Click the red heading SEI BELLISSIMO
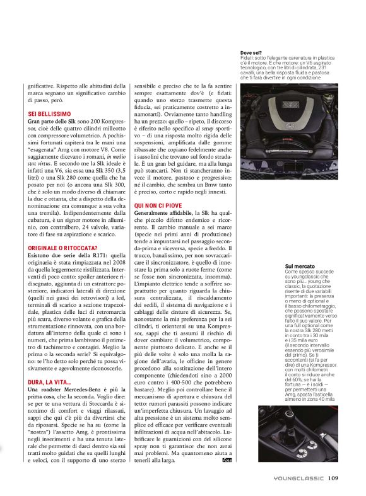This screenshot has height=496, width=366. (x=49, y=114)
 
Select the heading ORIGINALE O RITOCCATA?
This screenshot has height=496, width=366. (x=62, y=248)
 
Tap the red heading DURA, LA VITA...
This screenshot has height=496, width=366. (x=49, y=382)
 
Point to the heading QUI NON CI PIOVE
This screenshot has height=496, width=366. (x=158, y=205)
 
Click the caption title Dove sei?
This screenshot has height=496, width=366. (x=251, y=53)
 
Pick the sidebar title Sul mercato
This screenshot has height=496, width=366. (x=300, y=267)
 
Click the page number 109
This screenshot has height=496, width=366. (x=333, y=478)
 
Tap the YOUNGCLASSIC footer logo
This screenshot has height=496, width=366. (x=298, y=478)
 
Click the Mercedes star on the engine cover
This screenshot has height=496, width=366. (x=290, y=127)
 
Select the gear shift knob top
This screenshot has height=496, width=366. (x=288, y=414)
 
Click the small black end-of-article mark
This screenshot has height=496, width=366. (x=227, y=460)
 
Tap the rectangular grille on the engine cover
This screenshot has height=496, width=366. (x=291, y=104)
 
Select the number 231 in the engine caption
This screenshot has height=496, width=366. (x=322, y=67)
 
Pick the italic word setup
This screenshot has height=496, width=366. (x=208, y=129)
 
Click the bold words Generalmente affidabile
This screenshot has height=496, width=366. (x=163, y=213)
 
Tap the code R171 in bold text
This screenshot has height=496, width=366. (x=100, y=255)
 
